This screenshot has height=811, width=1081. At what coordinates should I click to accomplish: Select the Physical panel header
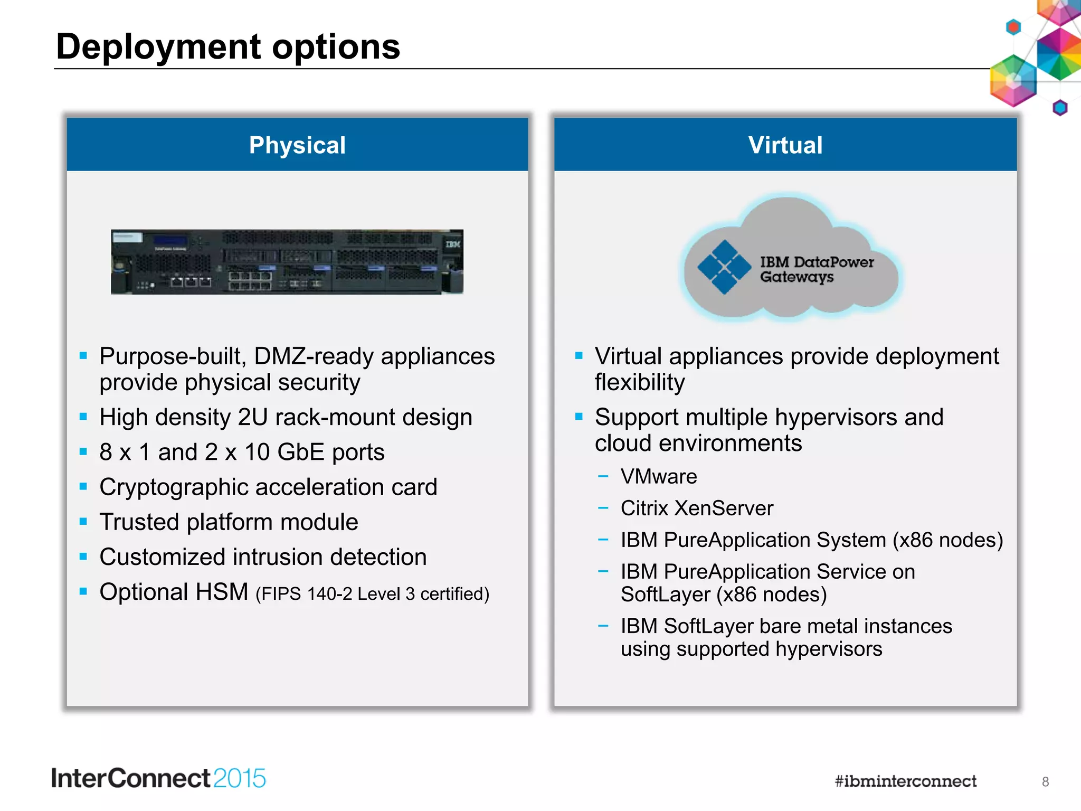click(x=297, y=145)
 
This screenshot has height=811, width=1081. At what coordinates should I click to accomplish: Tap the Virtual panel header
click(x=785, y=145)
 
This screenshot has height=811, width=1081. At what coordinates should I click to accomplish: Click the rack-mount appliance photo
click(x=287, y=262)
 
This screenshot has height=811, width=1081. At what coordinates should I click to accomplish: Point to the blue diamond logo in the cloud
click(x=724, y=267)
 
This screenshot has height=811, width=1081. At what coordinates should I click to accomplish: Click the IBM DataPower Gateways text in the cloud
click(x=816, y=269)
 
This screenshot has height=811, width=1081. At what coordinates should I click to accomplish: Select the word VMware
click(x=659, y=477)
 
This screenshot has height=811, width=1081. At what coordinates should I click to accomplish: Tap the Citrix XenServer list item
click(x=696, y=508)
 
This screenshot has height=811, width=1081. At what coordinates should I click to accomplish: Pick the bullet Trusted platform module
click(x=229, y=522)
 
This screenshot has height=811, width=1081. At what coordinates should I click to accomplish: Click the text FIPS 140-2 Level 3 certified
click(x=373, y=594)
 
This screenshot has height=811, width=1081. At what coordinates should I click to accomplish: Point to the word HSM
click(x=221, y=592)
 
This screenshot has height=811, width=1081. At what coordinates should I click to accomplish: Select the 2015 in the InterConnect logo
click(x=240, y=779)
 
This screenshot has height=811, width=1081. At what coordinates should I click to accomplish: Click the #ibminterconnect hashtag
click(x=905, y=781)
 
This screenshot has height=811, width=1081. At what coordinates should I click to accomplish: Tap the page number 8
click(x=1045, y=782)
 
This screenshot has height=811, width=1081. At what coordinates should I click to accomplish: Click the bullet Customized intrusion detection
click(x=263, y=557)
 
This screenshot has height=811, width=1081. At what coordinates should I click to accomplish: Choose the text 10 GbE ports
click(x=314, y=452)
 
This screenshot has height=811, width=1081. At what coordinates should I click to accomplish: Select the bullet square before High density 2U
click(x=83, y=417)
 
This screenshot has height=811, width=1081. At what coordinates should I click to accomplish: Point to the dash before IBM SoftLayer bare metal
click(x=603, y=626)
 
